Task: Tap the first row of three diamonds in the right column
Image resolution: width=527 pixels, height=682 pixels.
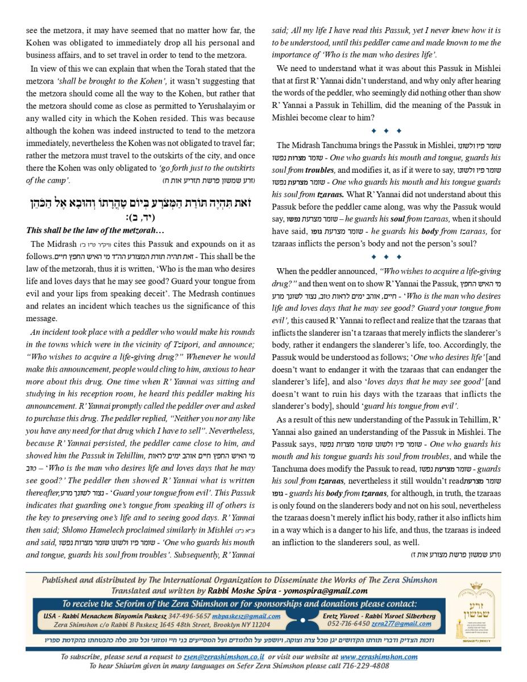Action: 386,131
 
